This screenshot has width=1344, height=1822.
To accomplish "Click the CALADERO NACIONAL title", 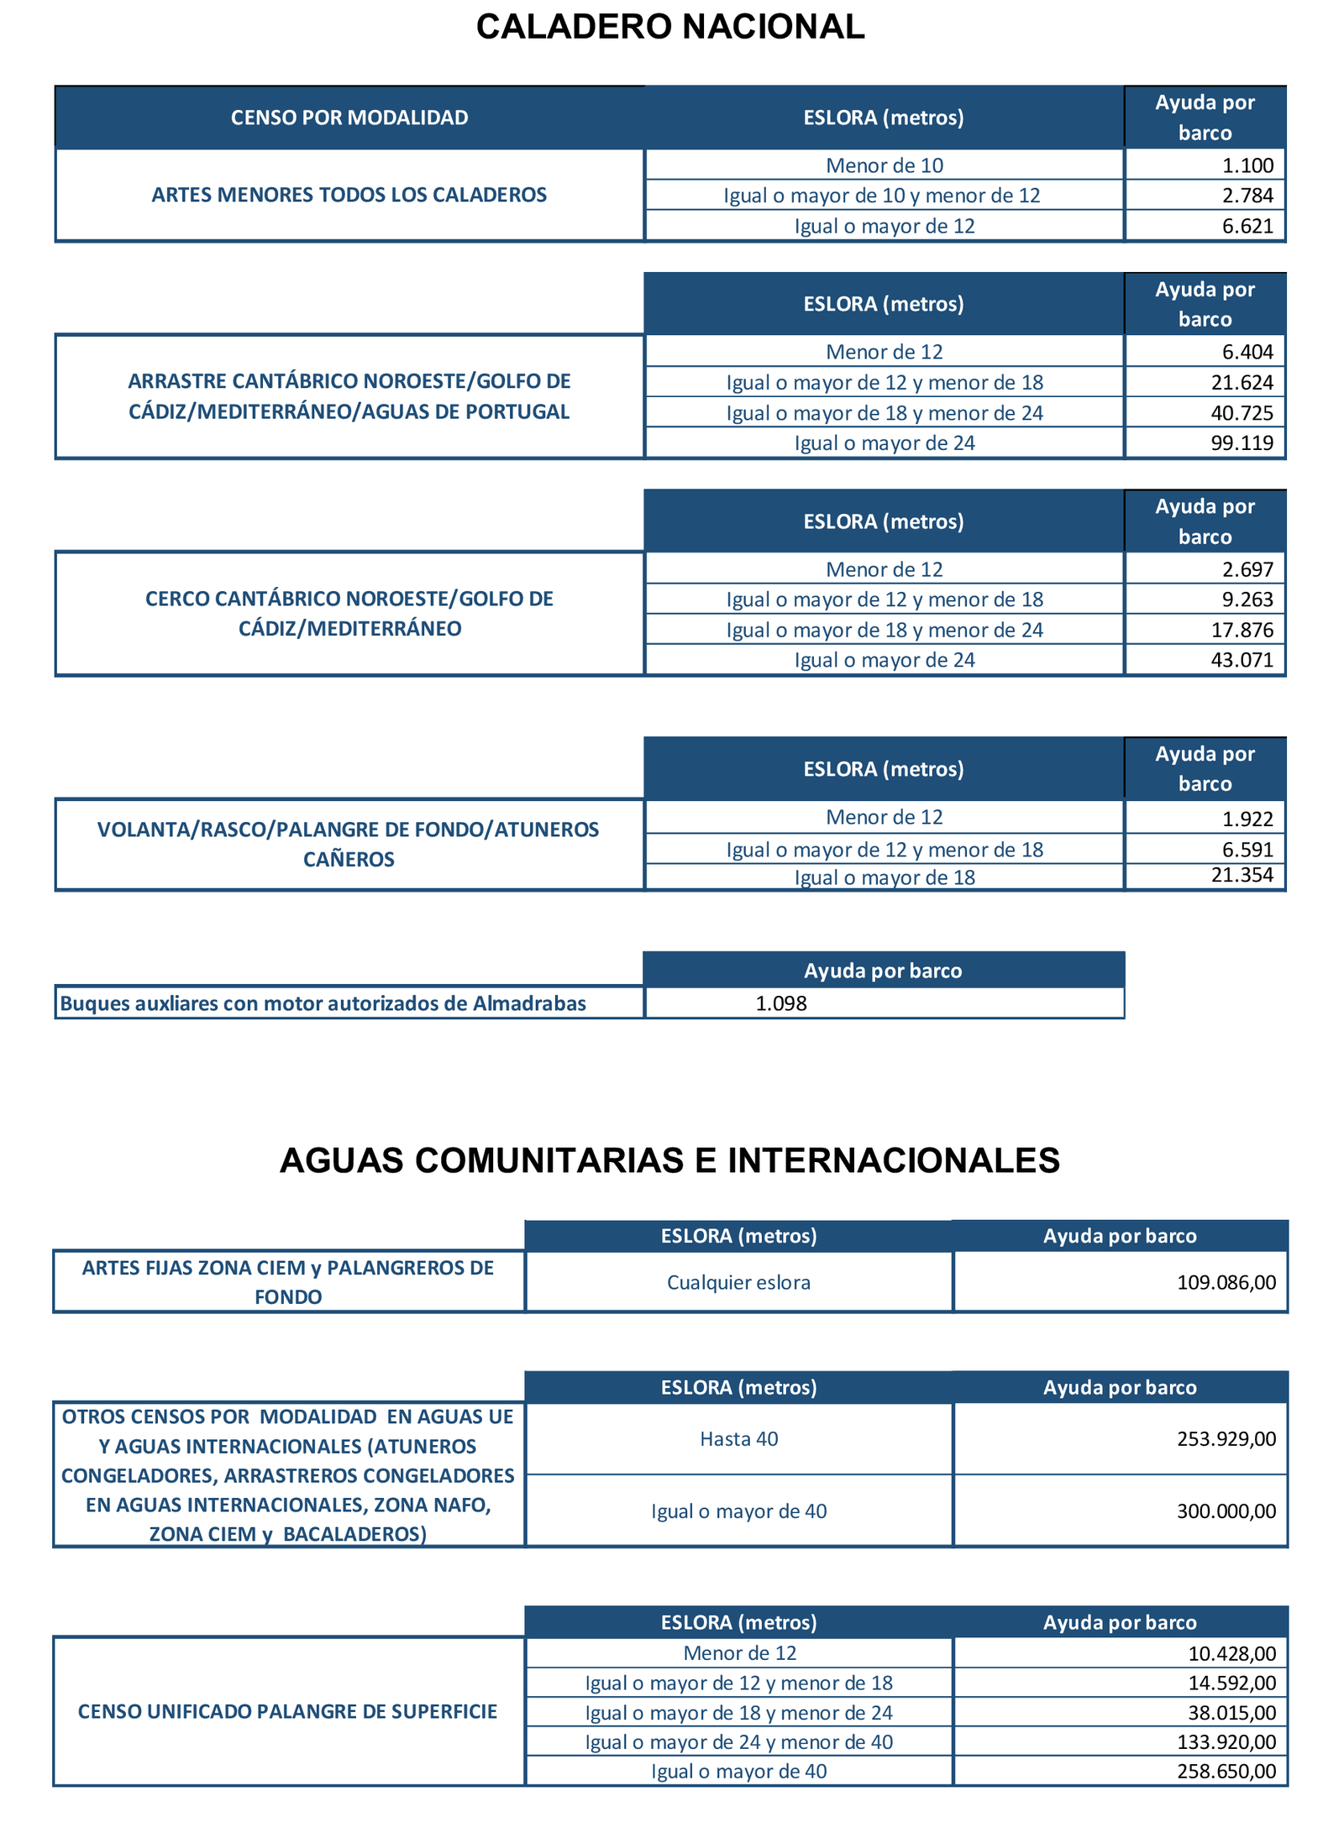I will pyautogui.click(x=669, y=27).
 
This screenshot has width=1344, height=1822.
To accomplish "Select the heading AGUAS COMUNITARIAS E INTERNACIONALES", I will pyautogui.click(x=669, y=1160).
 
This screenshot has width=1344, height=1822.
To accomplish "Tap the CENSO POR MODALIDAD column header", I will pyautogui.click(x=349, y=118).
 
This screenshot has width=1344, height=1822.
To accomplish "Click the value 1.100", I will pyautogui.click(x=1247, y=165).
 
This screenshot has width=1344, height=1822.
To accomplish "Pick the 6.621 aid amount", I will pyautogui.click(x=1247, y=226).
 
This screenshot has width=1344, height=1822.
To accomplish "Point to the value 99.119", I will pyautogui.click(x=1242, y=442).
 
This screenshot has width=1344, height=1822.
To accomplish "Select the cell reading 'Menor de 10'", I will pyautogui.click(x=884, y=165).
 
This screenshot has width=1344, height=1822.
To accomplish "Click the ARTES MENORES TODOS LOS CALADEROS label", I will pyautogui.click(x=349, y=195).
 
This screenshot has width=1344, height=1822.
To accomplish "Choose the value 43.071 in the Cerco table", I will pyautogui.click(x=1242, y=660).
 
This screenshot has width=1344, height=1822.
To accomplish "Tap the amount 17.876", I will pyautogui.click(x=1242, y=630).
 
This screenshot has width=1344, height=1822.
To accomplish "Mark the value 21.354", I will pyautogui.click(x=1242, y=876).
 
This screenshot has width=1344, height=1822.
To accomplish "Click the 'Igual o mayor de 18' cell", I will pyautogui.click(x=884, y=878).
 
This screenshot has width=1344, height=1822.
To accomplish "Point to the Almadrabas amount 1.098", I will pyautogui.click(x=781, y=1003).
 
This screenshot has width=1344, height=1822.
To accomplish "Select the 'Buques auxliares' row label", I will pyautogui.click(x=323, y=1003).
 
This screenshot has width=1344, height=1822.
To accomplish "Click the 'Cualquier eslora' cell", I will pyautogui.click(x=738, y=1282).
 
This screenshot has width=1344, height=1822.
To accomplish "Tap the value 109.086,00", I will pyautogui.click(x=1226, y=1282).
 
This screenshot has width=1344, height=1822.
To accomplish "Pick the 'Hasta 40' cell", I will pyautogui.click(x=738, y=1438).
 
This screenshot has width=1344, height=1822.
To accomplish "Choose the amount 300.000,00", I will pyautogui.click(x=1226, y=1511).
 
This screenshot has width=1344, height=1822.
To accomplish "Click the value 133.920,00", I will pyautogui.click(x=1226, y=1742).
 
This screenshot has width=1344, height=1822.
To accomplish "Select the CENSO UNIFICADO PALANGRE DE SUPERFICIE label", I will pyautogui.click(x=288, y=1711).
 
